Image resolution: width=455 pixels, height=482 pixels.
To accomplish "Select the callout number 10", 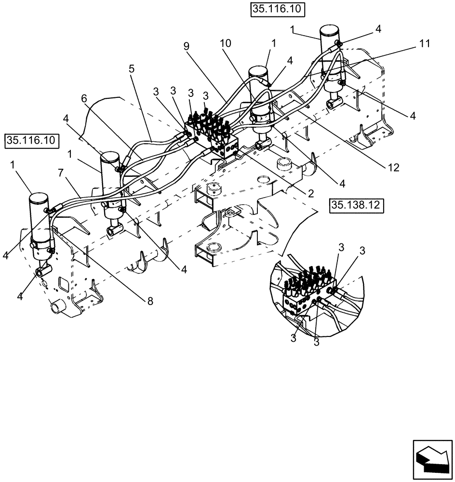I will coord(226,43).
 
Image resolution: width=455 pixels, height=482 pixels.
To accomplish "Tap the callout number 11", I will coord(424,43).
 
